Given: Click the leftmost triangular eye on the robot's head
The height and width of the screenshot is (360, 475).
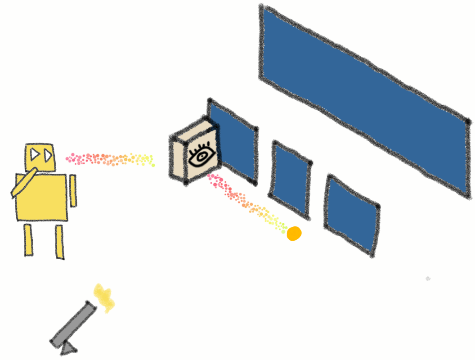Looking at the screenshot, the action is tap(34, 155).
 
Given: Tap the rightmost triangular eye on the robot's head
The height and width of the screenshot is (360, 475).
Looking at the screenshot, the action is tap(48, 156).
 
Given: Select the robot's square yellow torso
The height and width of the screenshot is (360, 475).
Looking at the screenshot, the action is tap(43, 198).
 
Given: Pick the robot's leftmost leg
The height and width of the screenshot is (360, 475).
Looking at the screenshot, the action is tap(28, 240).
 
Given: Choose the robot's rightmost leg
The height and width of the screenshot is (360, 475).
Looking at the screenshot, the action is tap(59, 242).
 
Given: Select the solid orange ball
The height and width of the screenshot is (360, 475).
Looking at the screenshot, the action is tap(294, 234).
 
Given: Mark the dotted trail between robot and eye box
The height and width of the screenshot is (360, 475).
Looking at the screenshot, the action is tap(110, 159).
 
